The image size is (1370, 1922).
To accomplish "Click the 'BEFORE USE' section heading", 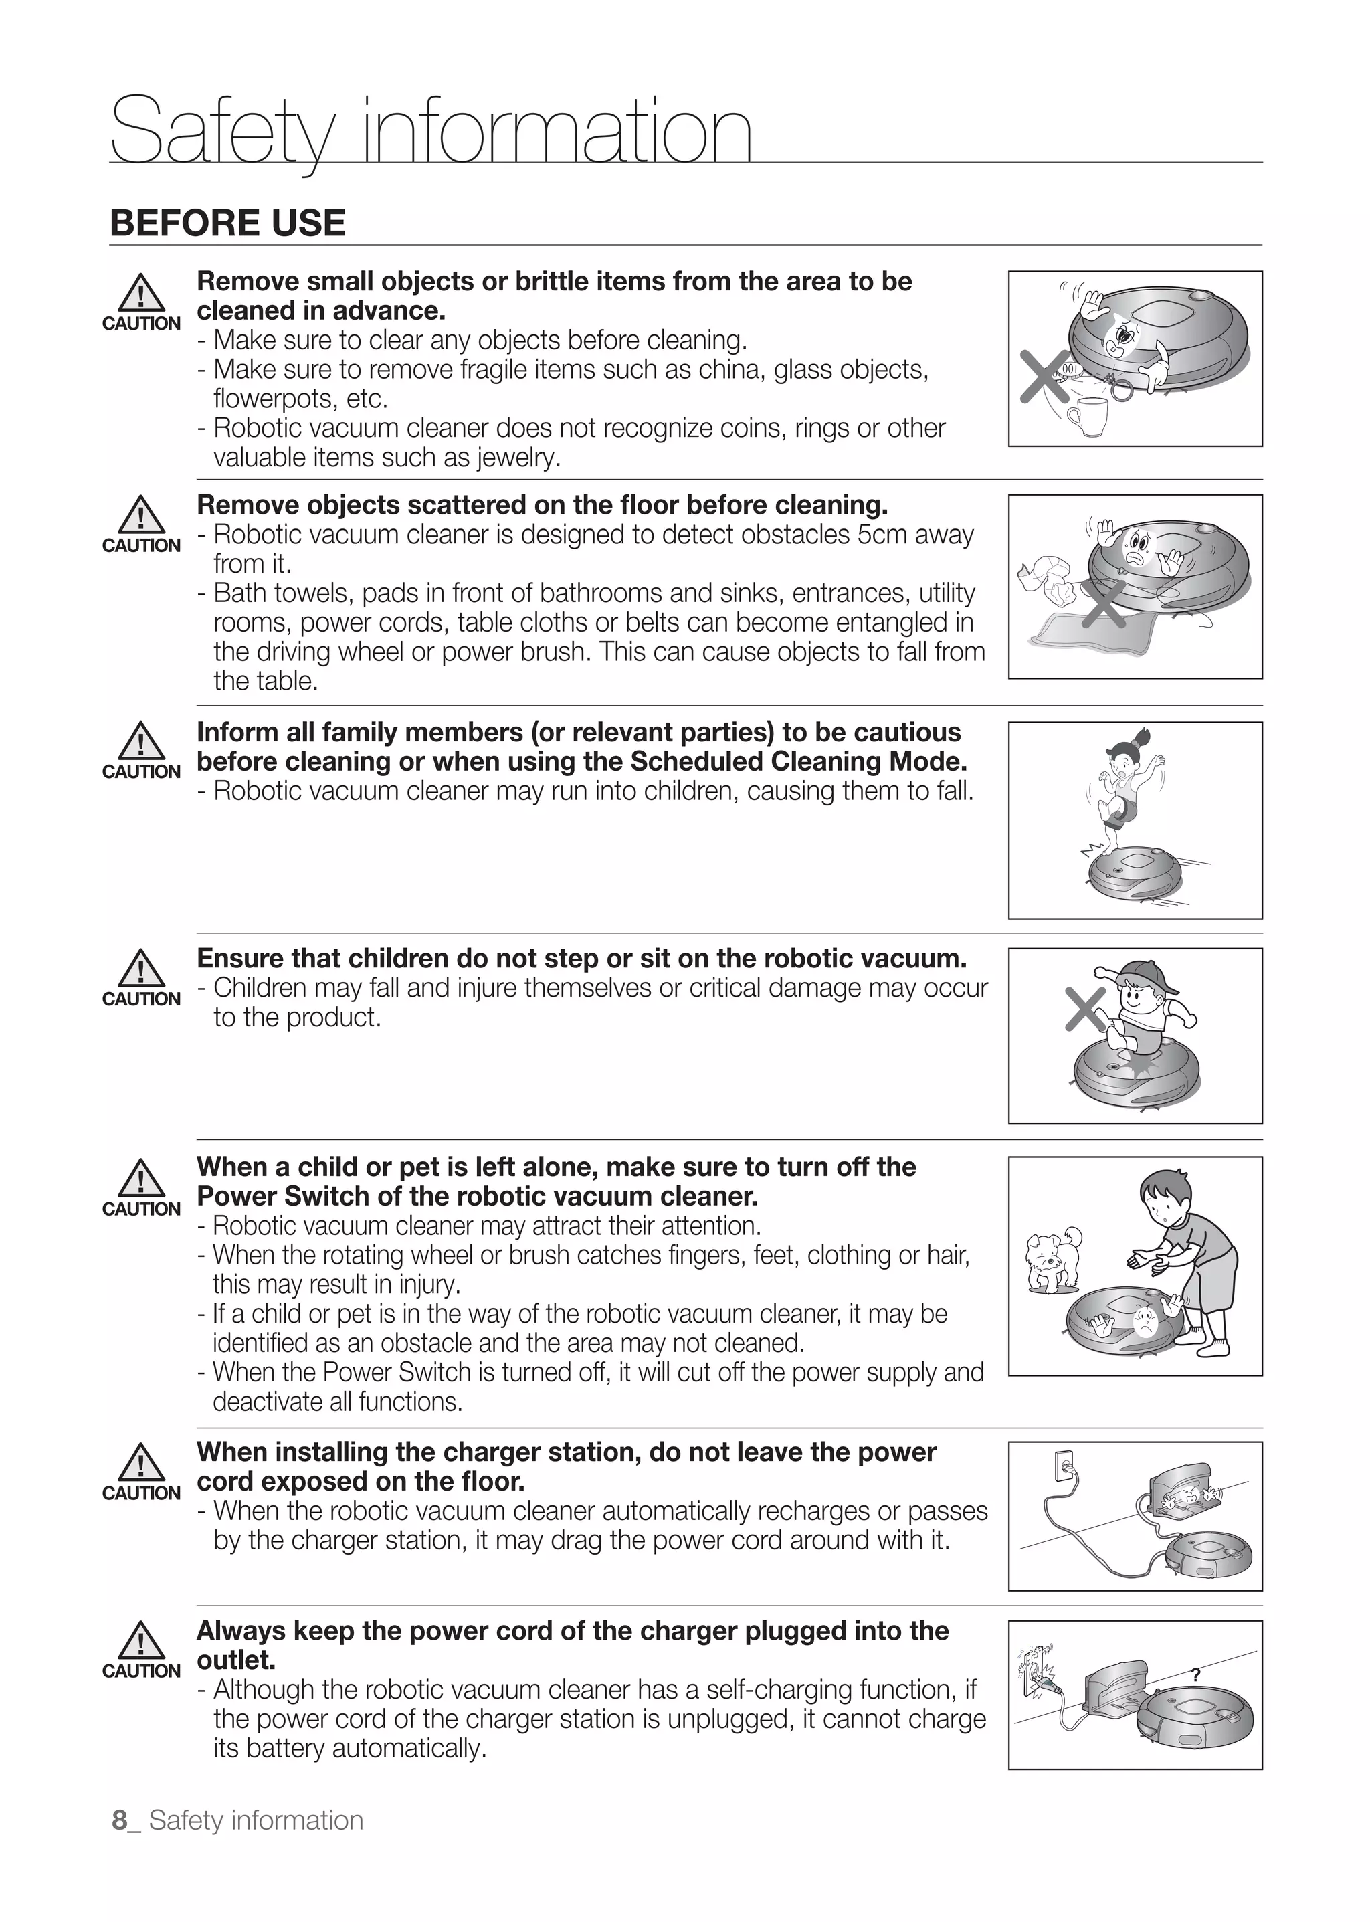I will (x=227, y=223).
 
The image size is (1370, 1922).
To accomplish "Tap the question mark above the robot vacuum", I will (x=1195, y=1674).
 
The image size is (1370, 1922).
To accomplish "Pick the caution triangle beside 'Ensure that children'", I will (x=141, y=969).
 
